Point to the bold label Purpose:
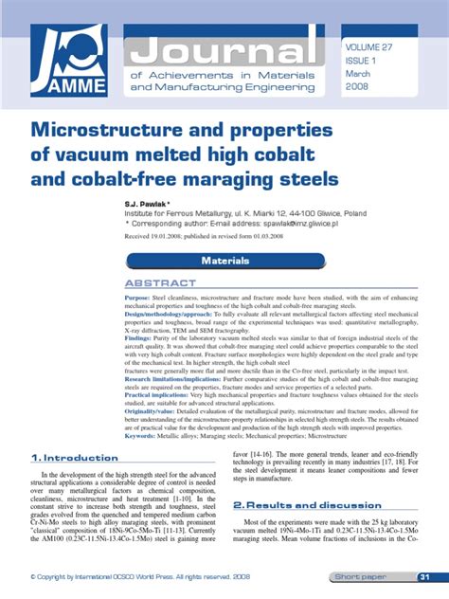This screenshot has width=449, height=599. click(138, 298)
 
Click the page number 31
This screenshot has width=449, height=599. click(425, 577)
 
